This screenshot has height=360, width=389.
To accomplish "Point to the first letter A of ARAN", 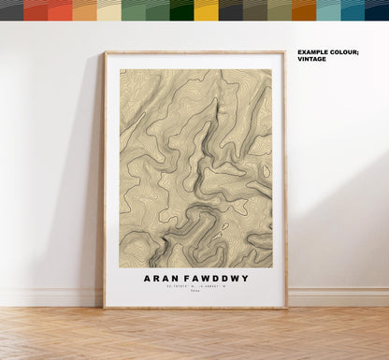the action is pyautogui.click(x=148, y=278).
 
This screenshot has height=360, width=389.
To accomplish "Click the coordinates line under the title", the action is pyautogui.click(x=194, y=290).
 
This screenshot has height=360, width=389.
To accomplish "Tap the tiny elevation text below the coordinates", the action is pyautogui.click(x=194, y=296).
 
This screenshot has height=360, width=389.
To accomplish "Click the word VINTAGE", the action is pyautogui.click(x=312, y=59).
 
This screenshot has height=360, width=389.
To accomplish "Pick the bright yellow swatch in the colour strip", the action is pyautogui.click(x=206, y=10).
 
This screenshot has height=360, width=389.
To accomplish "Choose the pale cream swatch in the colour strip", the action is pyautogui.click(x=108, y=10).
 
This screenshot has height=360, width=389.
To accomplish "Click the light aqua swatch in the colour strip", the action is pyautogui.click(x=328, y=10).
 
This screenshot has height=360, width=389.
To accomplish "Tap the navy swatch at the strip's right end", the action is pyautogui.click(x=377, y=10).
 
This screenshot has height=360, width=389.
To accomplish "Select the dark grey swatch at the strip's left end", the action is pyautogui.click(x=11, y=10).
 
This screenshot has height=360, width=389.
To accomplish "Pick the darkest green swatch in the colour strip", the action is pyautogui.click(x=181, y=10).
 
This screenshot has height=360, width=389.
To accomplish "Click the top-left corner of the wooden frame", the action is pyautogui.click(x=105, y=51).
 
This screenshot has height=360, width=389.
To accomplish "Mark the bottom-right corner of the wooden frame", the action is pyautogui.click(x=285, y=308).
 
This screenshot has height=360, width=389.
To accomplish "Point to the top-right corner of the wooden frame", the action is pyautogui.click(x=285, y=51).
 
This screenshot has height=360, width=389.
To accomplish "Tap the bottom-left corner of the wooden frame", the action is pyautogui.click(x=105, y=308).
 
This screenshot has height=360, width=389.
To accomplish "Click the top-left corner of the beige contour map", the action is pyautogui.click(x=119, y=68).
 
